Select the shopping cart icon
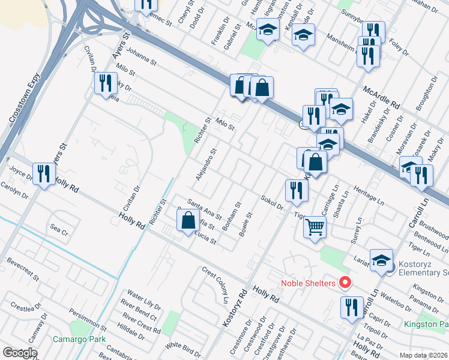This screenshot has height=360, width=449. pyautogui.click(x=315, y=227)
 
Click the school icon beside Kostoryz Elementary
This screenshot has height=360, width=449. pyautogui.click(x=381, y=260)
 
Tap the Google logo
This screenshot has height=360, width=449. pyautogui.click(x=20, y=353)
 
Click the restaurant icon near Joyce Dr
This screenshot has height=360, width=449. pyautogui.click(x=43, y=174)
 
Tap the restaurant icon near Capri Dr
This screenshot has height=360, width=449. pyautogui.click(x=352, y=307)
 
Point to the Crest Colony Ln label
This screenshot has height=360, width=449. pyautogui.click(x=216, y=284)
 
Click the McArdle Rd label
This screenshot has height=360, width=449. pyautogui.click(x=381, y=96)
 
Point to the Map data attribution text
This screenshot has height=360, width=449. pyautogui.click(x=424, y=355)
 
